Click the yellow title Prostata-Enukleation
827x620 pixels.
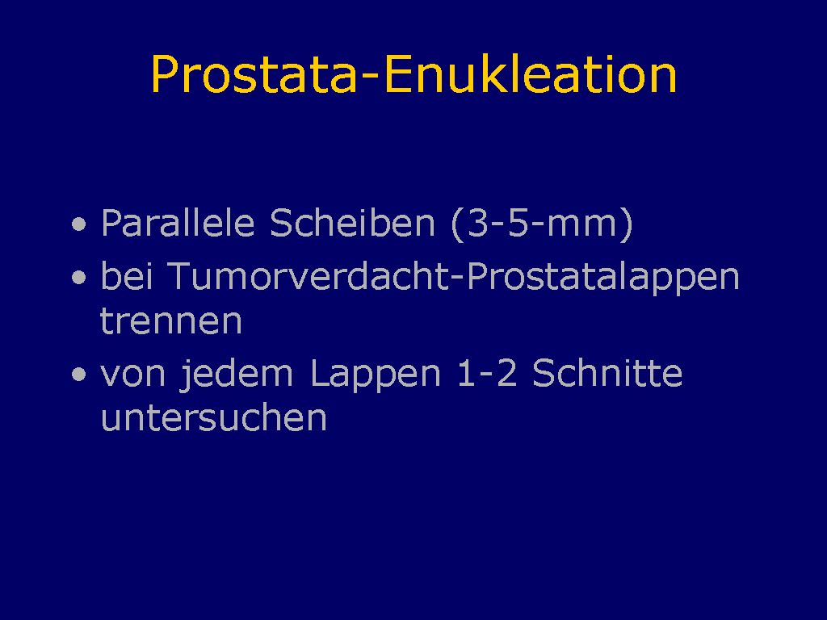(413, 74)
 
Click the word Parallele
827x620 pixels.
(178, 223)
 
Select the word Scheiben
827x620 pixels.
(352, 223)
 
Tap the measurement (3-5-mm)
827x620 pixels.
(542, 224)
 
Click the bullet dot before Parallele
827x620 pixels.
(79, 224)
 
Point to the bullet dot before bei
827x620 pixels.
(79, 277)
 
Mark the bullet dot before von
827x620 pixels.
(79, 375)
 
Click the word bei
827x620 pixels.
(127, 276)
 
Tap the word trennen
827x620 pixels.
(171, 321)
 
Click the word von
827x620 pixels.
(133, 375)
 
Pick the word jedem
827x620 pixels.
(236, 375)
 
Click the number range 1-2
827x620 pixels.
(487, 373)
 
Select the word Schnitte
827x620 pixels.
(607, 373)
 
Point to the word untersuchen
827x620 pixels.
(213, 417)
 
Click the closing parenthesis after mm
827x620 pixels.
(627, 224)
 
